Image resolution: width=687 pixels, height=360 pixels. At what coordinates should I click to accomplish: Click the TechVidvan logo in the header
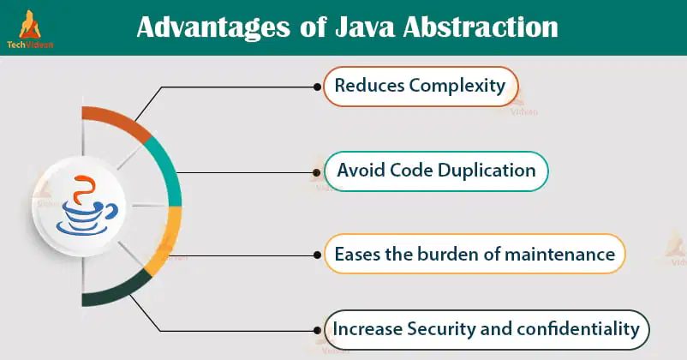pos(30,29)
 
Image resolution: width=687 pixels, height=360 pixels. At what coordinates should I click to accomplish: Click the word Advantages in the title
pos(213,27)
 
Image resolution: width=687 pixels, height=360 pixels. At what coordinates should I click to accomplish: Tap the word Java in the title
pos(365,27)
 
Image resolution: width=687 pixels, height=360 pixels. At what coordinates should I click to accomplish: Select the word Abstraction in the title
pos(481,27)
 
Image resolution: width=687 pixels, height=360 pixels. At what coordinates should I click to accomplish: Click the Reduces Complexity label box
pos(421,87)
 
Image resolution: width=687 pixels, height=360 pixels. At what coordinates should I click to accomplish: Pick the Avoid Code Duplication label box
pos(436,171)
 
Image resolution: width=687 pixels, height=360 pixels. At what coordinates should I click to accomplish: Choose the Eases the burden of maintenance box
pos(475,254)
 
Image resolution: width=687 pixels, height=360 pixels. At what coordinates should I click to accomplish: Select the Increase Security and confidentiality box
pos(487,330)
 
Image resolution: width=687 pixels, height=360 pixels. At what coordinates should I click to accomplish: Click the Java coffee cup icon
pos(87,205)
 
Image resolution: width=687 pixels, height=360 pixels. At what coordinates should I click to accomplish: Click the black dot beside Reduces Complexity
pos(317,87)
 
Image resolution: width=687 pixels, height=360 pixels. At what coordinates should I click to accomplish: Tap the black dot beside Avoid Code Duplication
pos(317,173)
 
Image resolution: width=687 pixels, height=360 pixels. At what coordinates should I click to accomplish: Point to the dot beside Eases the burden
pos(317,255)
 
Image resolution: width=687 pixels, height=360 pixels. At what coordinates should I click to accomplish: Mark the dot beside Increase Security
pos(317,331)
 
